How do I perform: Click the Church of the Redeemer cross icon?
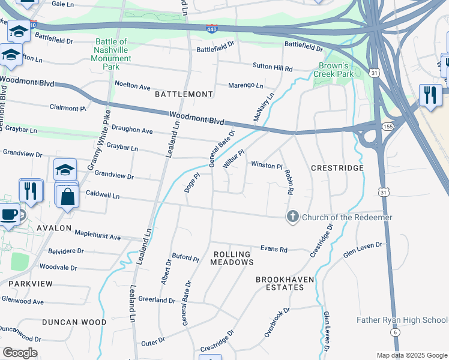point(292,217)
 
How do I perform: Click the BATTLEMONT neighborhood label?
point(184,94)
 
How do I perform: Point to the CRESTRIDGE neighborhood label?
point(337,168)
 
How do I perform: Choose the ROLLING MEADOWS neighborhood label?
point(233,258)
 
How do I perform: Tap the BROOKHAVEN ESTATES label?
point(280,283)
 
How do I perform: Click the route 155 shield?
point(386,127)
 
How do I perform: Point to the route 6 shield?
point(394,332)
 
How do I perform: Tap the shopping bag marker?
point(68,196)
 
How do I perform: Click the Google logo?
point(20,353)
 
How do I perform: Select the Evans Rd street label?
point(274,249)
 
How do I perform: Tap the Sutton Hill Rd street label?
point(272,69)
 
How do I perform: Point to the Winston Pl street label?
point(266,165)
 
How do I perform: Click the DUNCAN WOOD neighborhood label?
point(74,322)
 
